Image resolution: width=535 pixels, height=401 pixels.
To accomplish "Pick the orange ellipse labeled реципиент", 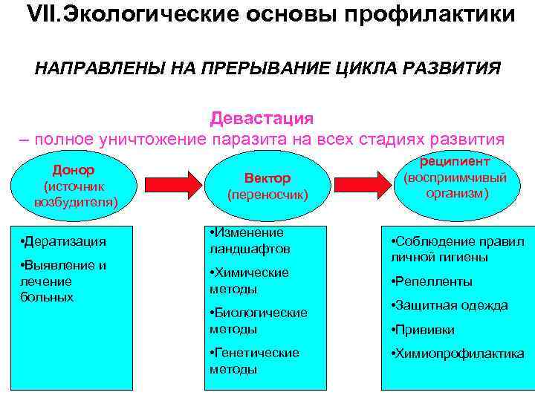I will [x=455, y=178].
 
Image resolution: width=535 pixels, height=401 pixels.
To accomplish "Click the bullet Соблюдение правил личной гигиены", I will [x=458, y=250].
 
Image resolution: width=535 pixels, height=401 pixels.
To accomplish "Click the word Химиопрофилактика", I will [x=460, y=353].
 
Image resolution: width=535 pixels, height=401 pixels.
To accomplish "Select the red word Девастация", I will [x=262, y=118].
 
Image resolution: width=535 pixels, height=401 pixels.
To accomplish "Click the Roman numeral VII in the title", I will [x=42, y=15].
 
